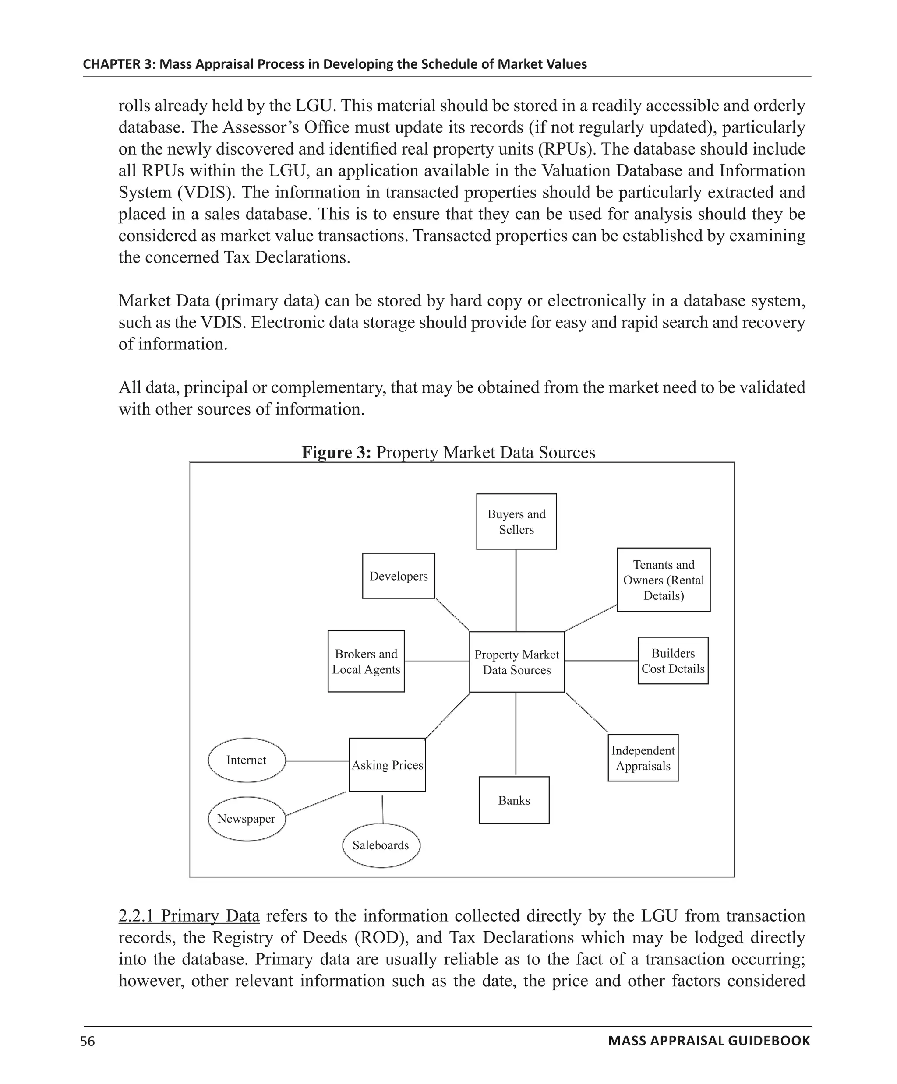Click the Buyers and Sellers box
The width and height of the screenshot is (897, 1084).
(516, 521)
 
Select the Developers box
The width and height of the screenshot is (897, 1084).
(398, 576)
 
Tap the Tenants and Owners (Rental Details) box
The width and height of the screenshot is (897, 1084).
(663, 580)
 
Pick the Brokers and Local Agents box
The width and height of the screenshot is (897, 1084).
(366, 661)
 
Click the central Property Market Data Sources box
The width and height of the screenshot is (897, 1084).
(516, 662)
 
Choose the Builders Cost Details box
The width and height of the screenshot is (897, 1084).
(672, 661)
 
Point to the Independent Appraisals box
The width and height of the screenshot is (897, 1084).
(643, 758)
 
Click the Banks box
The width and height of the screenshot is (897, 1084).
(514, 800)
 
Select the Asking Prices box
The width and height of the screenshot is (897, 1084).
(387, 765)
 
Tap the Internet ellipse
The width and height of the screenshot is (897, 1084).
(246, 760)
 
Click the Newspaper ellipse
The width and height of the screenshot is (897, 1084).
(246, 819)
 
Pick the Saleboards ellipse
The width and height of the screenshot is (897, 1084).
(381, 845)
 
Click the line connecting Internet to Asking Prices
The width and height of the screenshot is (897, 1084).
(317, 761)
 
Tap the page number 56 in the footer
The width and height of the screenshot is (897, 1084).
(88, 1041)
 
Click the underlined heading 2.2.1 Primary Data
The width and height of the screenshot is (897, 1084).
(188, 916)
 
